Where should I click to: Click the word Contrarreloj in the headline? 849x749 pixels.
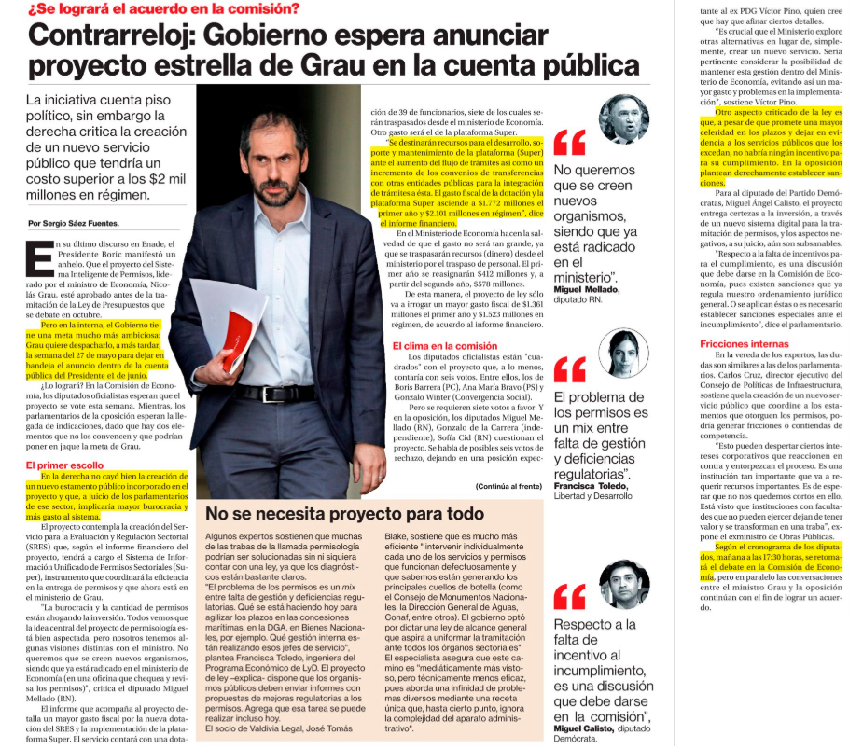click(106, 36)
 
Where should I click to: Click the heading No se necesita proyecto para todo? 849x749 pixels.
click(345, 514)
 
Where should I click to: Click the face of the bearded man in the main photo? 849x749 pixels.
click(266, 149)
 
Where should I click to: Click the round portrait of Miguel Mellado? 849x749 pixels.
click(624, 118)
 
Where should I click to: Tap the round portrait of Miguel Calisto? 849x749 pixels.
click(623, 584)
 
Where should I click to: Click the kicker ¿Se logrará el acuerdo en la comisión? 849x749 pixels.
click(163, 9)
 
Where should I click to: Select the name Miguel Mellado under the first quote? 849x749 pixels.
click(585, 289)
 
